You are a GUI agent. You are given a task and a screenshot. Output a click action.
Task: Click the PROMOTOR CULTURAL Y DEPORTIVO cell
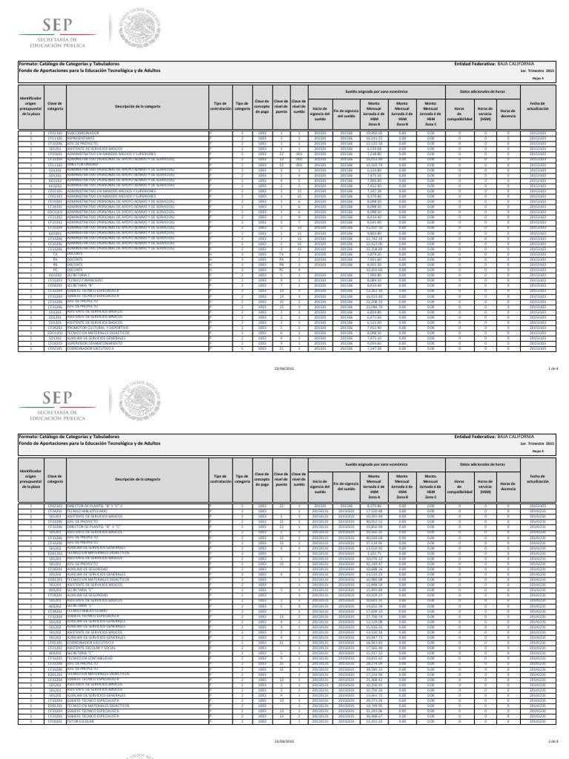97,328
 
